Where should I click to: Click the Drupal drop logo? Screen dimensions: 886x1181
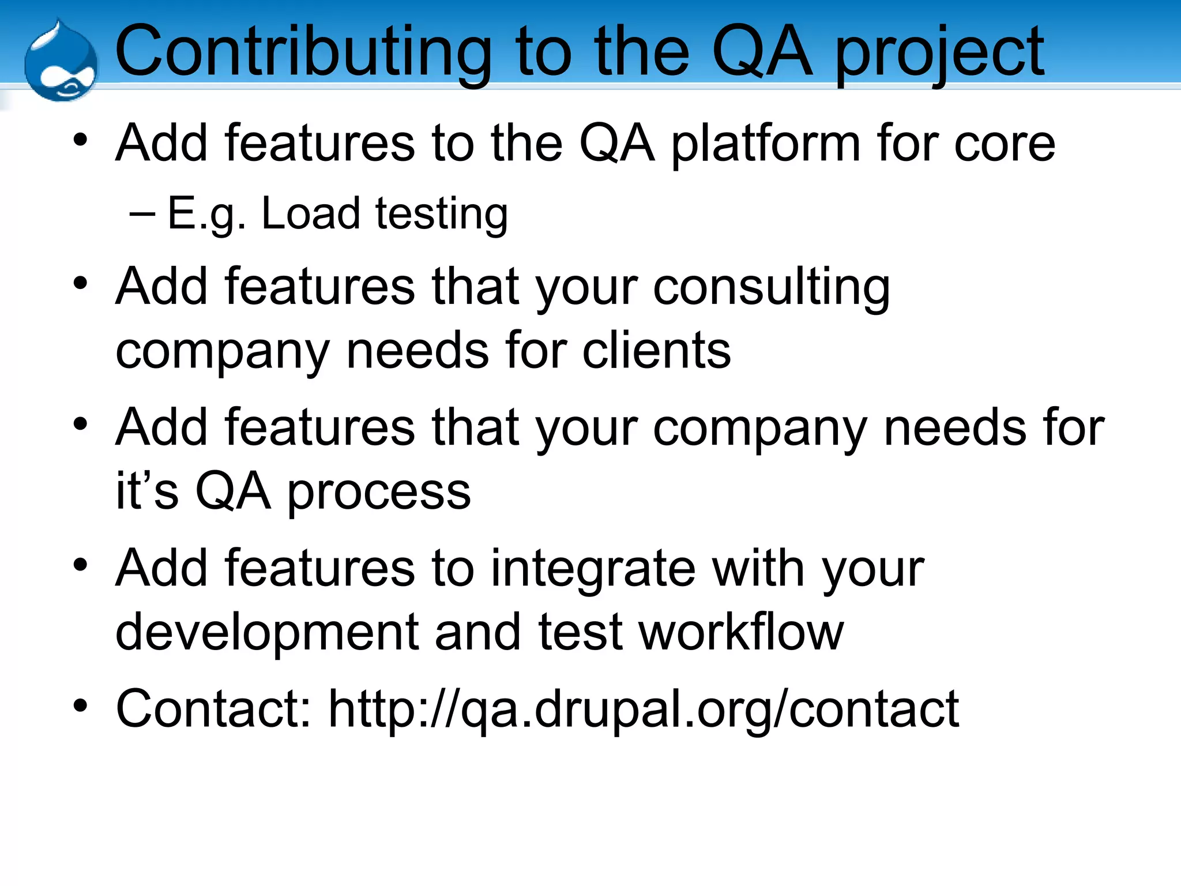coord(61,62)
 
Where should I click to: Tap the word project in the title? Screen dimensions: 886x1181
coord(940,55)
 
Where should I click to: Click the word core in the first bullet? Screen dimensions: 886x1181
coord(1005,144)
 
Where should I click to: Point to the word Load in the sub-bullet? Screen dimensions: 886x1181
coord(311,213)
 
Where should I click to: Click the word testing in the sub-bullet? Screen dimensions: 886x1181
coord(442,215)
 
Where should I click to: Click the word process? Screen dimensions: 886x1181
coord(379,493)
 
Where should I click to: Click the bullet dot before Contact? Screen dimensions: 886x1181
coord(80,705)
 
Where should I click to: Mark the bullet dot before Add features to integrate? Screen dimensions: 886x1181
coord(80,565)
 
